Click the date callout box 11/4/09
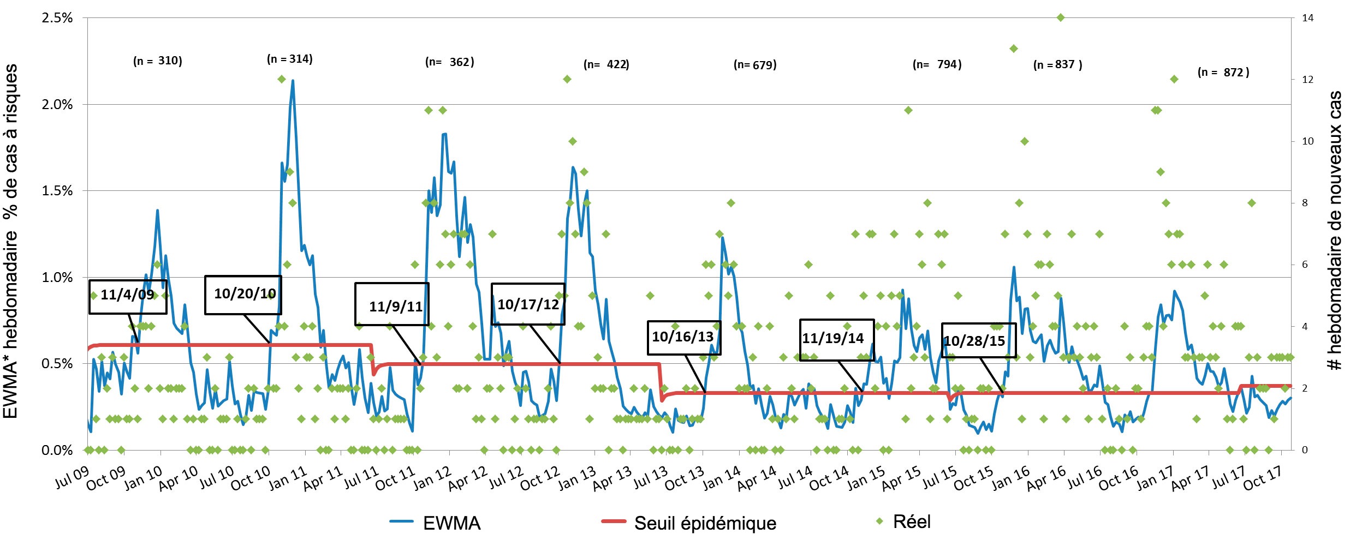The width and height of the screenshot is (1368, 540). (128, 296)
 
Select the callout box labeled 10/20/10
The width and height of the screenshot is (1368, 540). (243, 295)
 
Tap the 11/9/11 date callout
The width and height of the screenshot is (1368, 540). (392, 304)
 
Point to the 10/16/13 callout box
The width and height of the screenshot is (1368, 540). (683, 337)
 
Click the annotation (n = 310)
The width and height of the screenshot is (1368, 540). (158, 61)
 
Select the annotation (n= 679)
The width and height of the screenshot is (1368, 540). (755, 65)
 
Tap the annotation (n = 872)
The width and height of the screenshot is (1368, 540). (1223, 72)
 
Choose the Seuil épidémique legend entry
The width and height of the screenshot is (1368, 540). (689, 523)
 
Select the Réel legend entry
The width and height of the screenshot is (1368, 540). (903, 521)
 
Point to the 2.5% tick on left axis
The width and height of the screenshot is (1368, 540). (57, 17)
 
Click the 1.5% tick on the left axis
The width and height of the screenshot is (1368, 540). (57, 190)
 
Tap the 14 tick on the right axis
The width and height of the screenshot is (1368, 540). (1307, 17)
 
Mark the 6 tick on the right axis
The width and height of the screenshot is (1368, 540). (1305, 265)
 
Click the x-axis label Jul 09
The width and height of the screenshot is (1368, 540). (72, 478)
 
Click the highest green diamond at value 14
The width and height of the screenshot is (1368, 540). (1061, 17)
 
